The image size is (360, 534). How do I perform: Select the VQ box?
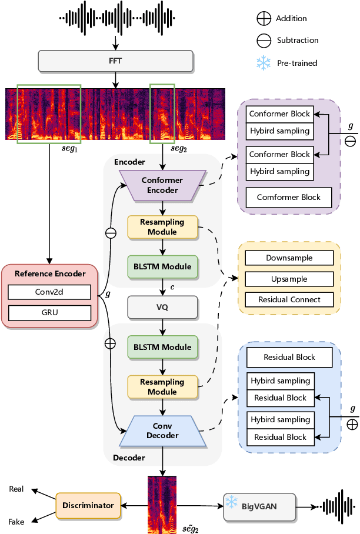[162, 306]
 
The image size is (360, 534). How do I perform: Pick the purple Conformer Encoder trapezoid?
[162, 185]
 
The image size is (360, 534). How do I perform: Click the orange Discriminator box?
[88, 505]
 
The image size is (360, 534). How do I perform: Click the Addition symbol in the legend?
[264, 19]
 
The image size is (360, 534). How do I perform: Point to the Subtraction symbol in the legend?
[264, 41]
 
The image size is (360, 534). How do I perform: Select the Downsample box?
[289, 258]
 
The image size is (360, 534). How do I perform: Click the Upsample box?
[289, 279]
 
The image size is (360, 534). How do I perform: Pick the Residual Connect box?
[289, 299]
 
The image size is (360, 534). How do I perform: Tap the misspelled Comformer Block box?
[289, 197]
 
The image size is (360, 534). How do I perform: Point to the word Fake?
[17, 522]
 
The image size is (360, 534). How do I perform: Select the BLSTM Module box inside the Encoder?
[162, 266]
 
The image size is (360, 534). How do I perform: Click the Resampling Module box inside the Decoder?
[162, 386]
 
